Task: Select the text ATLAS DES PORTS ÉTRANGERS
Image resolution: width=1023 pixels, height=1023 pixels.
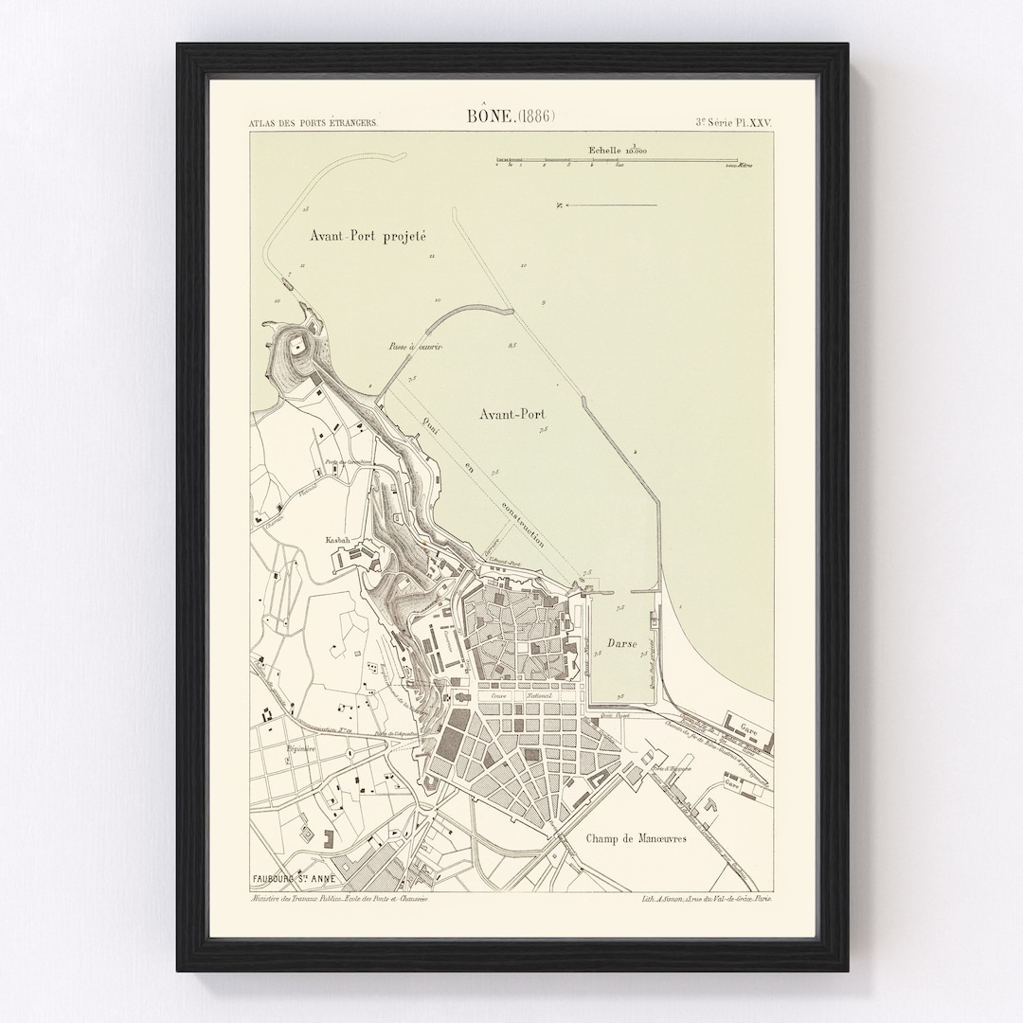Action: tap(313, 123)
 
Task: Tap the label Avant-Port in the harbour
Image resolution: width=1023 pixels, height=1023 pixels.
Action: tap(516, 414)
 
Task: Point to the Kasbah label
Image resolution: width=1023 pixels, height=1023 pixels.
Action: tap(337, 539)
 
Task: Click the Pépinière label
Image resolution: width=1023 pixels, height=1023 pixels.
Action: tap(300, 748)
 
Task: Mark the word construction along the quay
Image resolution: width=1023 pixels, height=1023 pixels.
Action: tap(527, 524)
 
